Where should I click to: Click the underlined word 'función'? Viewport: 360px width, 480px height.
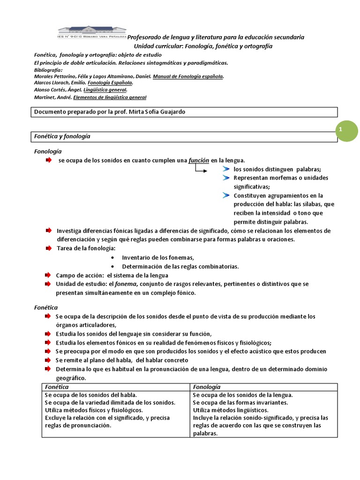(x=199, y=160)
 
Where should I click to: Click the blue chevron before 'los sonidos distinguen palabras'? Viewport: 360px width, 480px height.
(x=226, y=169)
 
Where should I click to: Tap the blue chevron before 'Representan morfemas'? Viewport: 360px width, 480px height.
(x=226, y=178)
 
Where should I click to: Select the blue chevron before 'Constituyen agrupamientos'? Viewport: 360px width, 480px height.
(x=226, y=195)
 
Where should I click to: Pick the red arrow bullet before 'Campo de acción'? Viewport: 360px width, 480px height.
(x=48, y=275)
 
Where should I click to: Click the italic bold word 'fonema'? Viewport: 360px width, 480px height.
(x=126, y=284)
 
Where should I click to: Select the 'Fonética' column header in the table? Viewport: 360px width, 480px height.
(x=57, y=387)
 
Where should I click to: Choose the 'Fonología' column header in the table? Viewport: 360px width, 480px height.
(x=207, y=387)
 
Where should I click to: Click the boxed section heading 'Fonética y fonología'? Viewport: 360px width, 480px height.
(x=62, y=136)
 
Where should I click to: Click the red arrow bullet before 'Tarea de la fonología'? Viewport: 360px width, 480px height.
(x=48, y=248)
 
